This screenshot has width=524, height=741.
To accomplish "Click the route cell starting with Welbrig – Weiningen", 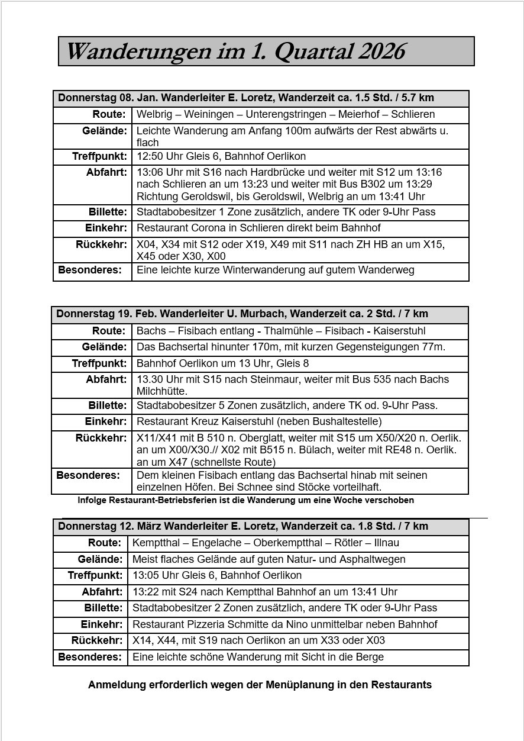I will coord(286,114).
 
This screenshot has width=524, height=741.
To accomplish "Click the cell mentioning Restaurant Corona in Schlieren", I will coord(258,228).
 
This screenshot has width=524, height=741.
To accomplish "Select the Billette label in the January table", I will coord(108,212).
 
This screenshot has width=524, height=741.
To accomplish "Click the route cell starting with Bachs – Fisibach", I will coord(281,331).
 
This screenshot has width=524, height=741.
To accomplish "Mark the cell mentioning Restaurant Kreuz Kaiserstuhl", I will coord(259,421).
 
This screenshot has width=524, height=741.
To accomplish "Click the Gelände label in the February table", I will coord(104,347).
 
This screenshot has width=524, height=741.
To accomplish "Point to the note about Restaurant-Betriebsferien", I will coord(245,500).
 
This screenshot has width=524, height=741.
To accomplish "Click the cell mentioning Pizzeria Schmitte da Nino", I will coord(285,624).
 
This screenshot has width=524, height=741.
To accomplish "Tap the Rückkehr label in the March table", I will coord(96,640).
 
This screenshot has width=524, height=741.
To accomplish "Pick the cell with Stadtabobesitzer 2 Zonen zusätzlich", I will coord(285,608).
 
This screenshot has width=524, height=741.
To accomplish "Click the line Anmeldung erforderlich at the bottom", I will coord(260,685).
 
